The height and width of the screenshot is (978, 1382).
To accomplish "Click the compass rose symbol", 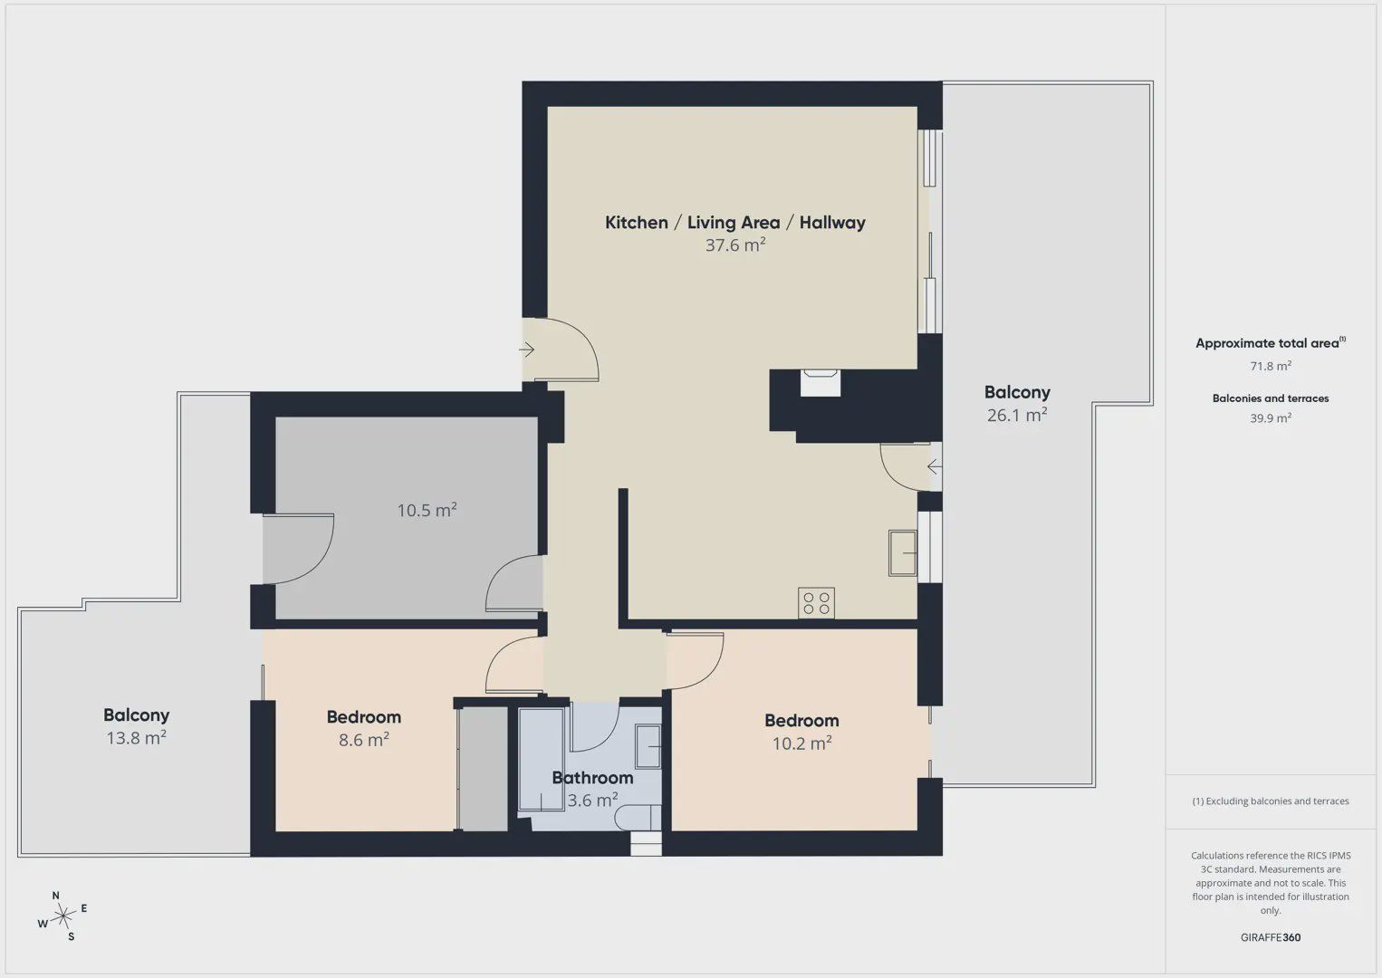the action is [x=62, y=916].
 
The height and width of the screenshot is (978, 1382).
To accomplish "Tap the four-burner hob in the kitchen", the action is [x=816, y=603].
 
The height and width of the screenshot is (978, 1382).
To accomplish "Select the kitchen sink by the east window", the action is [x=903, y=553].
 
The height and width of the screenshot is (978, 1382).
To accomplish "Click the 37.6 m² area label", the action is [x=735, y=245].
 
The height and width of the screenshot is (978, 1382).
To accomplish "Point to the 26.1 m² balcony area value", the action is [x=1017, y=415].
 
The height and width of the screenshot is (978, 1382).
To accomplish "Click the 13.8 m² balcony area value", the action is [x=137, y=737].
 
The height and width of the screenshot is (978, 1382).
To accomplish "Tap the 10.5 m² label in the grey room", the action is [x=427, y=510].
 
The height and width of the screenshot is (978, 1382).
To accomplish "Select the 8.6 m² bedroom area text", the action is [x=363, y=739].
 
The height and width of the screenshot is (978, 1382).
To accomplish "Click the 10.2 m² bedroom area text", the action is [x=801, y=743].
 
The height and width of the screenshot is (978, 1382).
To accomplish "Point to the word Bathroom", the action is [x=592, y=778].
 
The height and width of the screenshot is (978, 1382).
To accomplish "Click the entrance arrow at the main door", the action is [x=526, y=350].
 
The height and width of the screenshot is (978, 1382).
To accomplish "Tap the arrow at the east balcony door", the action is [x=935, y=466].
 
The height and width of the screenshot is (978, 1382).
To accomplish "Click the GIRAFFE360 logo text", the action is [x=1271, y=937].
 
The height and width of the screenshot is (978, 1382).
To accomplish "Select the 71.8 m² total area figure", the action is [x=1271, y=366].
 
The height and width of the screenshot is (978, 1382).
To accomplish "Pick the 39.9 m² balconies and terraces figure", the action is [x=1271, y=417].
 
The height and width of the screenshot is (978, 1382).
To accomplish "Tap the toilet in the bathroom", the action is [x=638, y=819].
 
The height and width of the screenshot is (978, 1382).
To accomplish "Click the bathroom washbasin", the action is [x=648, y=746].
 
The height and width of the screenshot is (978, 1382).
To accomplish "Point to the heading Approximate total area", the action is [x=1271, y=343].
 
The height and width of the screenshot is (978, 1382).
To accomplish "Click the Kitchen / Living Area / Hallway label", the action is [x=734, y=222].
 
